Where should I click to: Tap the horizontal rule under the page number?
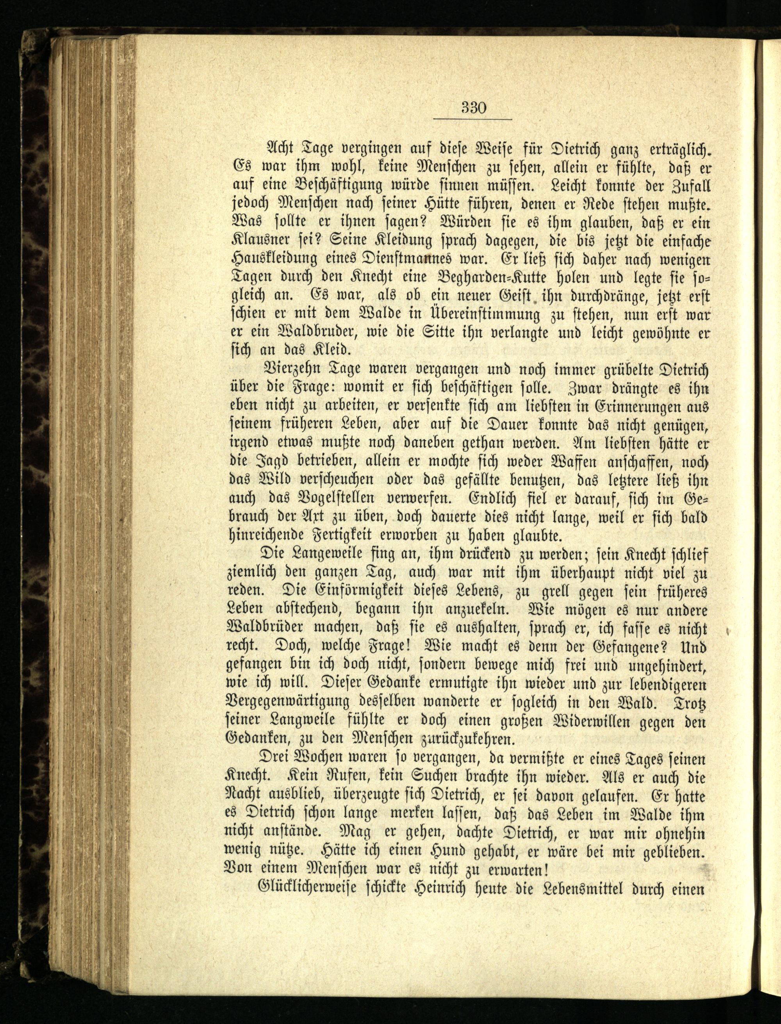pyautogui.click(x=473, y=120)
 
